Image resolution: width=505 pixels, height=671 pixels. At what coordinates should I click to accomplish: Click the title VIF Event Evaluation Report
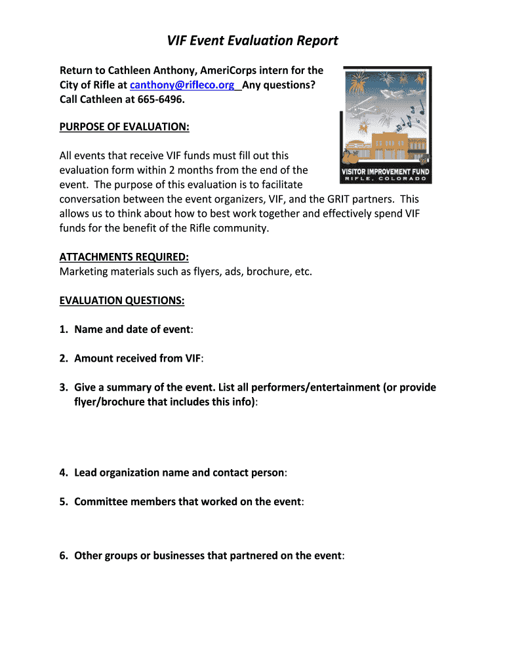pyautogui.click(x=253, y=41)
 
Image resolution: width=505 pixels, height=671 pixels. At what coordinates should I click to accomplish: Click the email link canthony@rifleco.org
pyautogui.click(x=182, y=85)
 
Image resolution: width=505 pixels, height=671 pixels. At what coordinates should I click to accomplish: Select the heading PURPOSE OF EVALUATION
pyautogui.click(x=125, y=127)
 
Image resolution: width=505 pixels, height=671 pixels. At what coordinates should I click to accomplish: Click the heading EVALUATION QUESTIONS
pyautogui.click(x=122, y=300)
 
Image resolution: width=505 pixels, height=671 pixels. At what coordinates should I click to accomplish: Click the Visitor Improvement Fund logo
pyautogui.click(x=386, y=125)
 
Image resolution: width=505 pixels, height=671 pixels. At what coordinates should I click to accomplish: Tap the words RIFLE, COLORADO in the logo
pyautogui.click(x=386, y=179)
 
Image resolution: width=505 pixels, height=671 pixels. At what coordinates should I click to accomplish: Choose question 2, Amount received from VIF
pyautogui.click(x=138, y=358)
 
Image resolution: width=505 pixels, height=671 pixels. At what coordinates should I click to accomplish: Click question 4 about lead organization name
pyautogui.click(x=180, y=472)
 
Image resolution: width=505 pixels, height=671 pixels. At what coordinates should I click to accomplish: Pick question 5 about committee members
pyautogui.click(x=188, y=501)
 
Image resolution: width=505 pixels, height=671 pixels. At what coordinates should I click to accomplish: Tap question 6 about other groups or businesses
pyautogui.click(x=208, y=556)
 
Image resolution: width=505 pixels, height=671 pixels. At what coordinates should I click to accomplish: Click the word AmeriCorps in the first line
pyautogui.click(x=231, y=70)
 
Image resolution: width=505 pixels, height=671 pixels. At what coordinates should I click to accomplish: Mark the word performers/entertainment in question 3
pyautogui.click(x=298, y=387)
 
